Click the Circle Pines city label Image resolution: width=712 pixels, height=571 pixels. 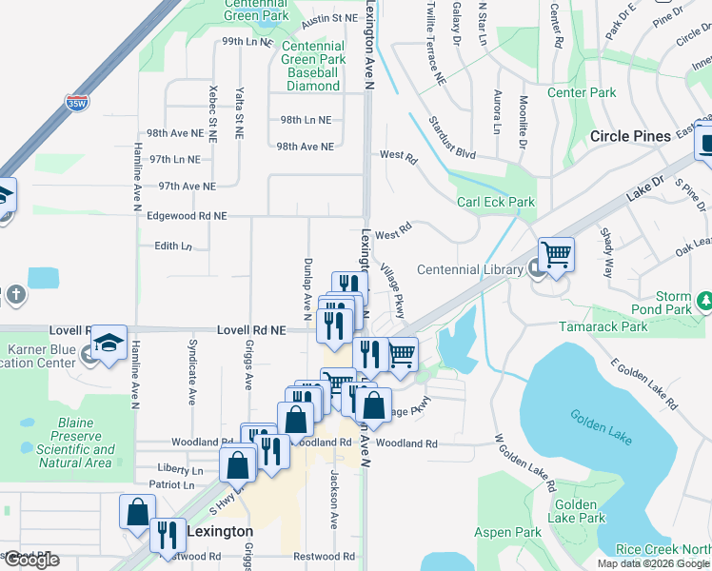click(630, 136)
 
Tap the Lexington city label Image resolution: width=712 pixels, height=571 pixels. click(220, 532)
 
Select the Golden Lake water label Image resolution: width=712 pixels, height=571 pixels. click(603, 423)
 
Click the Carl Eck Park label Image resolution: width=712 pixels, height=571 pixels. click(496, 202)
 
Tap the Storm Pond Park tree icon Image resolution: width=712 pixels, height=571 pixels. click(705, 302)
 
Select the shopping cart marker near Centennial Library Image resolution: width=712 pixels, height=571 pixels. click(556, 254)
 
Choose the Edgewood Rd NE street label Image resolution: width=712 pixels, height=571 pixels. click(187, 216)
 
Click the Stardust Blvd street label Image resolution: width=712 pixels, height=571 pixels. click(451, 125)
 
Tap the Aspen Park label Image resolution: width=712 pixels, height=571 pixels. click(507, 533)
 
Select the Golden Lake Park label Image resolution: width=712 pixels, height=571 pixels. click(578, 511)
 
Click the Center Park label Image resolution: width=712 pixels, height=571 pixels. click(582, 93)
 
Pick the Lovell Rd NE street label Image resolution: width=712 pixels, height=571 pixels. click(251, 329)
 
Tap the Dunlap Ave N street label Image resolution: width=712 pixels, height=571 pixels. click(307, 286)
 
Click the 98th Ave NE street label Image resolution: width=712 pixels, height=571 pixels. click(305, 147)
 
